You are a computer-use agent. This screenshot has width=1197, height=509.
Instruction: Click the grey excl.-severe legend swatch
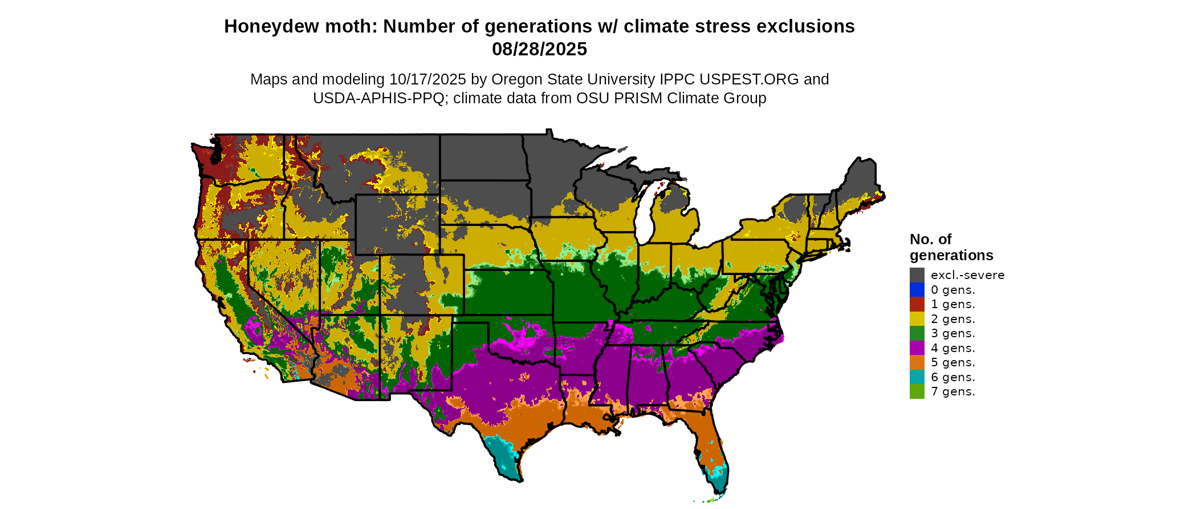[917, 275]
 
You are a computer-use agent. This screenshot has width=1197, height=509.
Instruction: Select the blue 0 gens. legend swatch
[917, 290]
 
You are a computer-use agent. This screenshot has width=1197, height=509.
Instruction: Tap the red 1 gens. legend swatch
[917, 304]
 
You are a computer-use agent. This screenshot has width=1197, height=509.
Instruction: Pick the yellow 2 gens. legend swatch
[917, 319]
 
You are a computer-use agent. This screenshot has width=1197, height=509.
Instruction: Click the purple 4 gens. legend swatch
[917, 348]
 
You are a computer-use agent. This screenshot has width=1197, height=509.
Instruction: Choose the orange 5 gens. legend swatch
[917, 362]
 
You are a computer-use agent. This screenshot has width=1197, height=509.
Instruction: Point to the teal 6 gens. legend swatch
[917, 377]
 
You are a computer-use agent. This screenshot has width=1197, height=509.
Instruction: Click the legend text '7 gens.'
[952, 391]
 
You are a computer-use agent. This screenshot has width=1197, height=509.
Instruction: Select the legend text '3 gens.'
[952, 333]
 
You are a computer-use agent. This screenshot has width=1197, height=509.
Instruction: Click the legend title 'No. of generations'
[951, 247]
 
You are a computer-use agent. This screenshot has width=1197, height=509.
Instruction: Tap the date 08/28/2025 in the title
[539, 49]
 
